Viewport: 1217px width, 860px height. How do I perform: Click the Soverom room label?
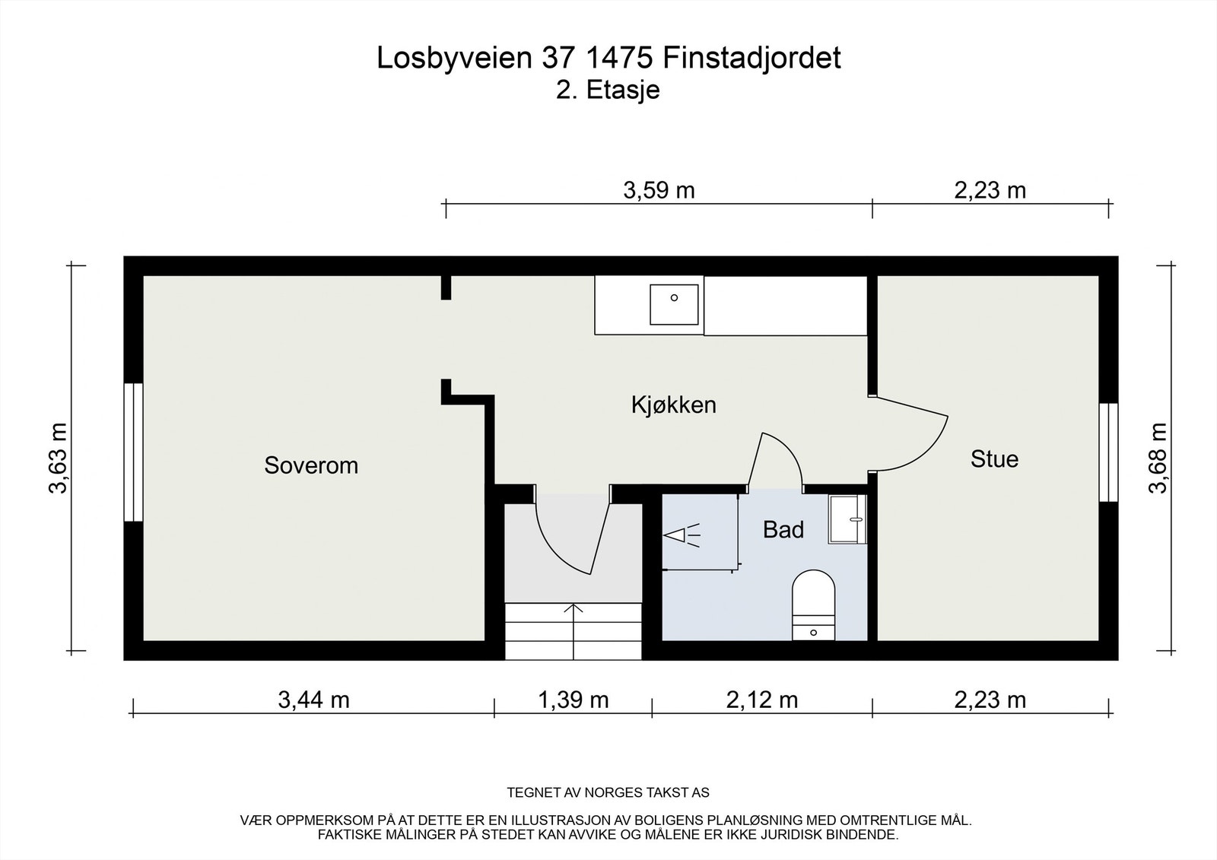(x=310, y=465)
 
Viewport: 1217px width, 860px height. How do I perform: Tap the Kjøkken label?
(x=673, y=405)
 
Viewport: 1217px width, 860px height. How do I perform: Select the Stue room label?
(x=993, y=459)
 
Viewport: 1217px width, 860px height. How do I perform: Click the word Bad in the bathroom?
(x=783, y=530)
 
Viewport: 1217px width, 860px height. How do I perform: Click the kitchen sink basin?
(x=674, y=304)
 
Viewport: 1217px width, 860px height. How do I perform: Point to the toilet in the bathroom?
(x=813, y=601)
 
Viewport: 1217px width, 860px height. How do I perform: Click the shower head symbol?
(x=681, y=536)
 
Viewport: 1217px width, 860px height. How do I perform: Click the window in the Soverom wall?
(x=133, y=452)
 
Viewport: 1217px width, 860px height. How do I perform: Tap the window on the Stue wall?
(x=1108, y=452)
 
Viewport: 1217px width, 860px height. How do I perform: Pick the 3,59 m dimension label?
(x=659, y=190)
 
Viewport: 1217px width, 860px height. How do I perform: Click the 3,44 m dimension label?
(x=313, y=700)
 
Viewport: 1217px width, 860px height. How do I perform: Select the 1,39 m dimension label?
(x=573, y=700)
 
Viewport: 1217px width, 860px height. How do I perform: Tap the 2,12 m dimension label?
(x=761, y=700)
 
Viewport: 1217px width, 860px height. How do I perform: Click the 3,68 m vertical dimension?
(x=1157, y=459)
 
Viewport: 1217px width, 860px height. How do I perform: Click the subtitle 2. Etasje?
(x=608, y=90)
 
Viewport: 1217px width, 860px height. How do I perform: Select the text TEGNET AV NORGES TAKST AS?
(x=608, y=793)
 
